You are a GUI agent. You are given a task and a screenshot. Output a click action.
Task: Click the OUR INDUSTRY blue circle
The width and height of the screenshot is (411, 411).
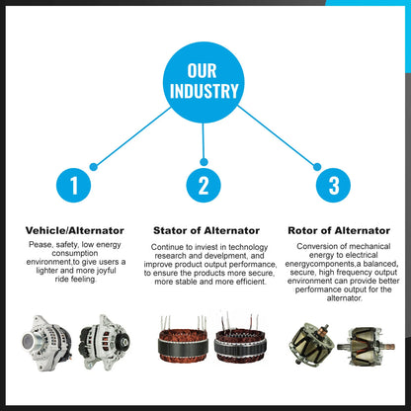(204, 82)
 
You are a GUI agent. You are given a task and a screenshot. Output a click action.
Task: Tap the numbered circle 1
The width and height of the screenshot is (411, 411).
(73, 185)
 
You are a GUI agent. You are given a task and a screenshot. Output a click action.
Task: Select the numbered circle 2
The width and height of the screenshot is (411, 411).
(204, 185)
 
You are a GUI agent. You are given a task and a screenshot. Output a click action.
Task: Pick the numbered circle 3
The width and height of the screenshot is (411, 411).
(333, 185)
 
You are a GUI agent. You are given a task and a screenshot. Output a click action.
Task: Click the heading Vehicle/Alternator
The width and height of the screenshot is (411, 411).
(75, 230)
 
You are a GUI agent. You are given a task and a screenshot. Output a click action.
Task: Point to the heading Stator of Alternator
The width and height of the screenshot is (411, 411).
(206, 230)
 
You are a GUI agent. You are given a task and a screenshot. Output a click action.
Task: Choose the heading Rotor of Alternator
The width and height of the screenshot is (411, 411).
(339, 230)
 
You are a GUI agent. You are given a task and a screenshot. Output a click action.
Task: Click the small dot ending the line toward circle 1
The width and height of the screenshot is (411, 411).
(94, 167)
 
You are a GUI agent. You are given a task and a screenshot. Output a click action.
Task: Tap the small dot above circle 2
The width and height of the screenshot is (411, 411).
(204, 162)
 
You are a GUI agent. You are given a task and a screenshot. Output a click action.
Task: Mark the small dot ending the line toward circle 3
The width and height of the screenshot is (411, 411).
(317, 167)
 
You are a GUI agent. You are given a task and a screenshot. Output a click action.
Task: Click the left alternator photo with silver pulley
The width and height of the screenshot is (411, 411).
(46, 344)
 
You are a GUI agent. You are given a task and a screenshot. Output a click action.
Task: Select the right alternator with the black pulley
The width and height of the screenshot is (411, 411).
(105, 342)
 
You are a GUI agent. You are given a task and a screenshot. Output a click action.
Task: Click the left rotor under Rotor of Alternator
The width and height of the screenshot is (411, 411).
(311, 345)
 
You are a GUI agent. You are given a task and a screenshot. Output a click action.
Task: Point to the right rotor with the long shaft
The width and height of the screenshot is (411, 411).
(366, 346)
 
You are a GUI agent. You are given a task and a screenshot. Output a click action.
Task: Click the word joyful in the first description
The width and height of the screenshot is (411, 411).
(107, 271)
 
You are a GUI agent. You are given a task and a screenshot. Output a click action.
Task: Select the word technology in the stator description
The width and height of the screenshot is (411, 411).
(248, 247)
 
